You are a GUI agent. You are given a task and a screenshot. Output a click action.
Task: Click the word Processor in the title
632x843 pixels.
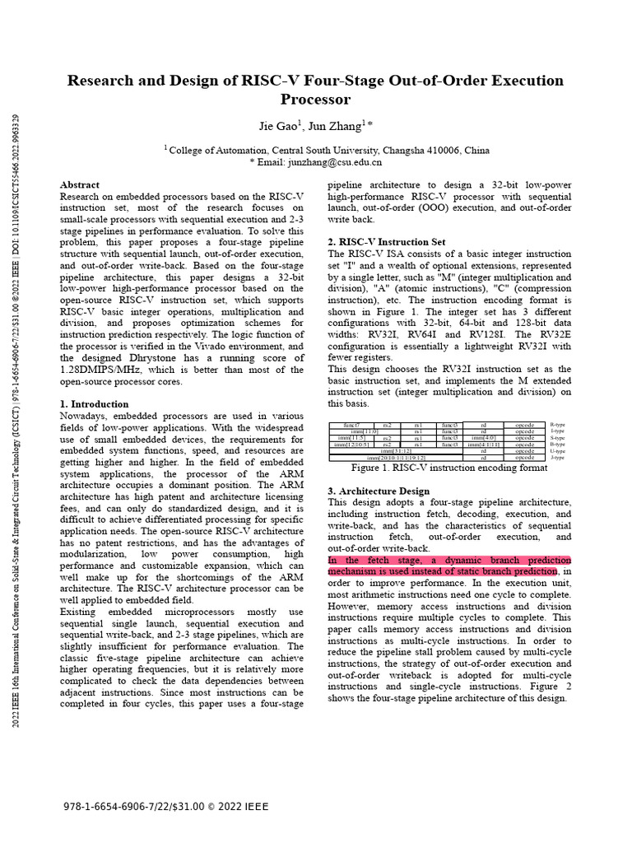coord(315,100)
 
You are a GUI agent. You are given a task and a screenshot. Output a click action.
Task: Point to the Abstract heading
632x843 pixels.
coord(80,185)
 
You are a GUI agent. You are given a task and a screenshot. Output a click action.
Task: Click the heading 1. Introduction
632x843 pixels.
coord(95,404)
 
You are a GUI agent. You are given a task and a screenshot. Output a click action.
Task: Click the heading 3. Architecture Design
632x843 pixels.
coord(379,491)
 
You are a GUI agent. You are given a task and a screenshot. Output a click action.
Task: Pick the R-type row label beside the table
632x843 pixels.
coord(557,425)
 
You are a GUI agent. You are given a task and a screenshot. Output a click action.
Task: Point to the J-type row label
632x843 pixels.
coord(557,458)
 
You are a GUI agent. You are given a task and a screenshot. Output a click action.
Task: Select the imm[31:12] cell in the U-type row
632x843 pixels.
coord(396,451)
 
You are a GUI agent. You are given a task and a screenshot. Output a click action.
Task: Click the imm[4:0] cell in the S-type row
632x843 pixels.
coord(483,438)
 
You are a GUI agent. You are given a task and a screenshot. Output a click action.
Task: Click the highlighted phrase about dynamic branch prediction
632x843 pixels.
coord(449,566)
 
